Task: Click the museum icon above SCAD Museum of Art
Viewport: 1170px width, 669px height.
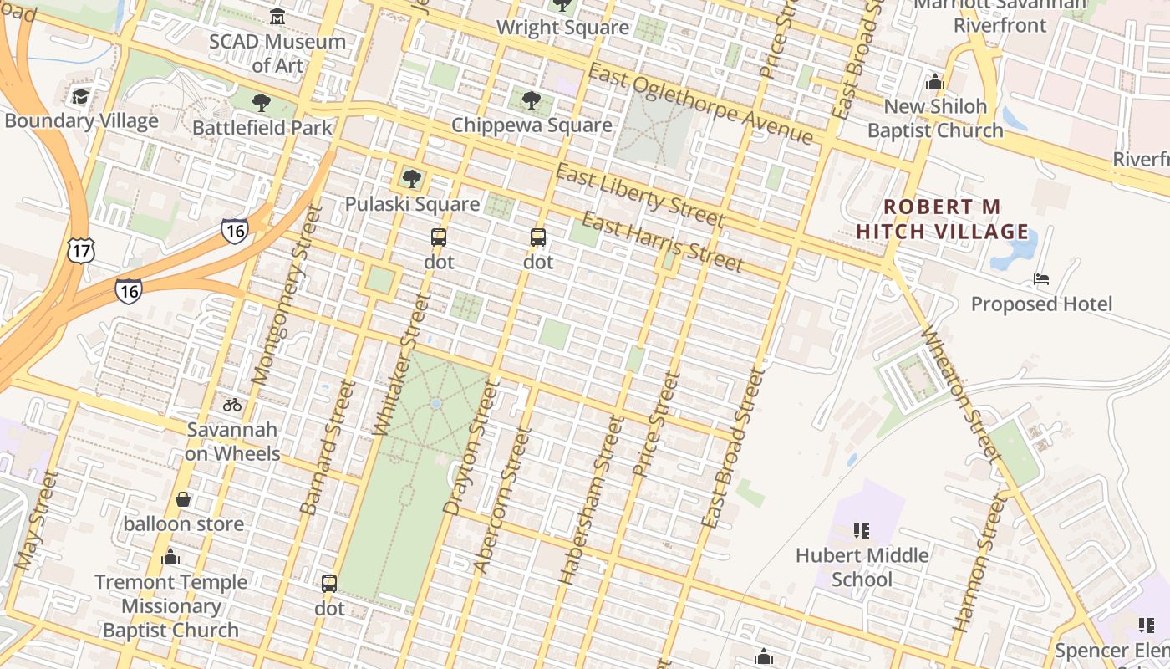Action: pos(277,16)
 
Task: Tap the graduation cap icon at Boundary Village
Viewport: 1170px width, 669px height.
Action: pos(80,97)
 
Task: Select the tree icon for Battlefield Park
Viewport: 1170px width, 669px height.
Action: pos(261,104)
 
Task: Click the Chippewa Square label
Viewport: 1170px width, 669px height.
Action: pos(532,125)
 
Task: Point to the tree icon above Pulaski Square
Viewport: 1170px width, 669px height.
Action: pos(411,178)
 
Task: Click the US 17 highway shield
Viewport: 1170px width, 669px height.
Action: pos(82,249)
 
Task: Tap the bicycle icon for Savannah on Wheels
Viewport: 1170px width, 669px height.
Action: pos(232,405)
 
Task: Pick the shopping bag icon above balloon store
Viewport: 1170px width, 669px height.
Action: pos(183,499)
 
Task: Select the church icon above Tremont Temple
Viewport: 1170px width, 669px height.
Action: pos(170,557)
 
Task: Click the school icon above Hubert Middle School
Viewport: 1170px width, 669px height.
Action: pos(862,530)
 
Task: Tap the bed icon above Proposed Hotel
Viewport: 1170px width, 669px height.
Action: pos(1040,278)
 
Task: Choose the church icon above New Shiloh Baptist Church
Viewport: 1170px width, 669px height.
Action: pos(934,82)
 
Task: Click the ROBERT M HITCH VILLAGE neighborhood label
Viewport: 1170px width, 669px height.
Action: pos(943,219)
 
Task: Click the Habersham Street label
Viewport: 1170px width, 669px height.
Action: pos(592,499)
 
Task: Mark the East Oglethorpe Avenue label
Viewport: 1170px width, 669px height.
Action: pos(700,104)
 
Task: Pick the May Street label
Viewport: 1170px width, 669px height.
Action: pos(38,520)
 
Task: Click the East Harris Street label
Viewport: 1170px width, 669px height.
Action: pos(662,243)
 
